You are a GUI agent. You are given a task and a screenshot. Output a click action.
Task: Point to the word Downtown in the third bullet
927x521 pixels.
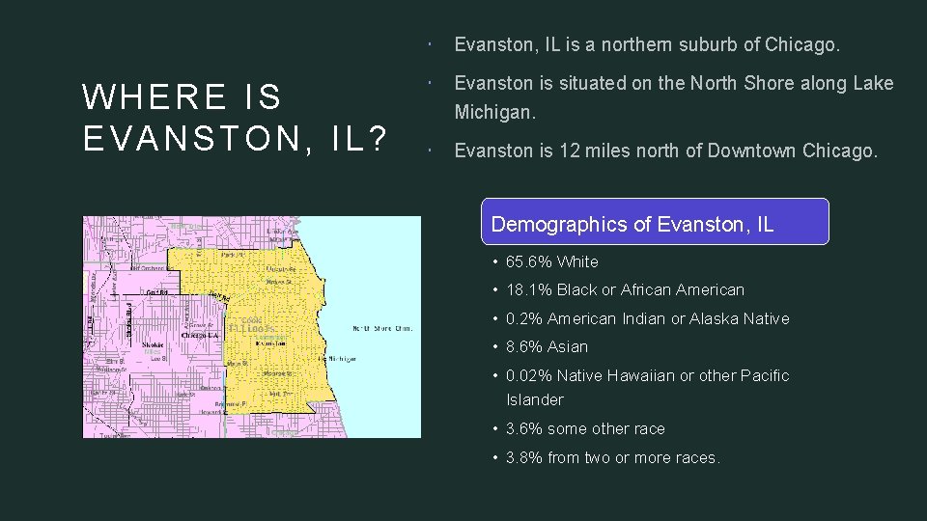(x=754, y=151)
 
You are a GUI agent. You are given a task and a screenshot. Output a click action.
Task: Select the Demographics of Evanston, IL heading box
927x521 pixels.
(x=655, y=222)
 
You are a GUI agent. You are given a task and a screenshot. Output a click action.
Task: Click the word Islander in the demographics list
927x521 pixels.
(x=534, y=399)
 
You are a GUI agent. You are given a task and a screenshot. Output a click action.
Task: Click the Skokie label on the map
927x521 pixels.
(x=154, y=344)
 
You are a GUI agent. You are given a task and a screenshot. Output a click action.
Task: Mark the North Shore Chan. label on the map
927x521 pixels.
(x=383, y=328)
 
